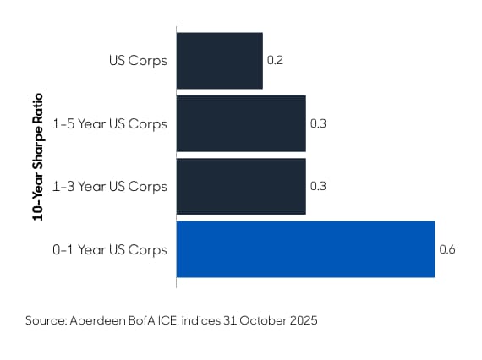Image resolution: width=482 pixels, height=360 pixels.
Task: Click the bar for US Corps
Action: (219, 61)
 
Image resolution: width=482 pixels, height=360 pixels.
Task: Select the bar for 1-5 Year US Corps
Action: (240, 123)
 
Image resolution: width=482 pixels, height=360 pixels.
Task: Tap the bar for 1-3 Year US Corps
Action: (240, 185)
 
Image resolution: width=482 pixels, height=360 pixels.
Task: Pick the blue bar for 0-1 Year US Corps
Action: (305, 249)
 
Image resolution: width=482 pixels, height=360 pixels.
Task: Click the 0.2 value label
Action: (274, 61)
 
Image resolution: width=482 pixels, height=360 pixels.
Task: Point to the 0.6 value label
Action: (446, 249)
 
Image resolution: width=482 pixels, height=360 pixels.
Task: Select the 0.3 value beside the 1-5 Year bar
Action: (318, 123)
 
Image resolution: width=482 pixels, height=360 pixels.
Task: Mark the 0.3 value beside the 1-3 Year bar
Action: (318, 185)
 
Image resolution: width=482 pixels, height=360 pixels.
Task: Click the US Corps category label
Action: (138, 61)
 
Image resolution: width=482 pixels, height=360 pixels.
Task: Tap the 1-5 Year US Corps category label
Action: (109, 123)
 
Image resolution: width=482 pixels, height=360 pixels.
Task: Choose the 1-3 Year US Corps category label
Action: (109, 185)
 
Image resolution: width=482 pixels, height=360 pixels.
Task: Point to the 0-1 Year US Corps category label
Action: (109, 249)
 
